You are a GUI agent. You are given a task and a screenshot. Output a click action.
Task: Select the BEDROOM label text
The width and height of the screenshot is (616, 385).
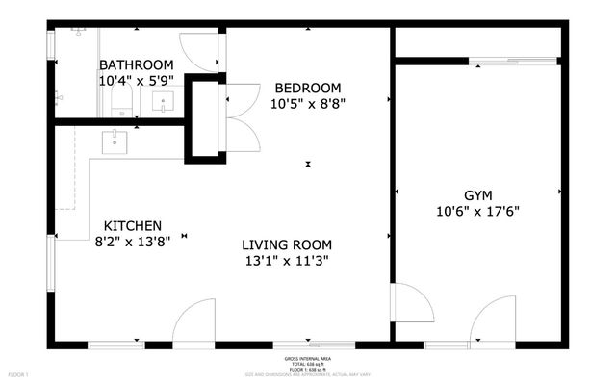(307, 85)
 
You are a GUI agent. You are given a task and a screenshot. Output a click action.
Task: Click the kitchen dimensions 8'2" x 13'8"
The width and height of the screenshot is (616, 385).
(133, 244)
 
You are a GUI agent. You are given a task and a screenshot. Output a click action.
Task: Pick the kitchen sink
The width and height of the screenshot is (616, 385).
(115, 142)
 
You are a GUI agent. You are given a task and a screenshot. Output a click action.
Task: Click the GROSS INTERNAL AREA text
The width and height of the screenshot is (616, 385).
(308, 358)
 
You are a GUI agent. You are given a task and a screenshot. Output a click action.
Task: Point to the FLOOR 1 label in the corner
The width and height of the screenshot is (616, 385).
(19, 373)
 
